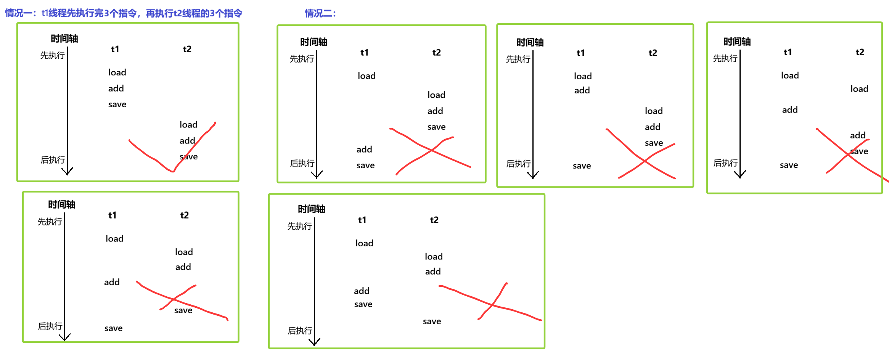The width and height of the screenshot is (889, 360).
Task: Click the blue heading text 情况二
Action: point(320,14)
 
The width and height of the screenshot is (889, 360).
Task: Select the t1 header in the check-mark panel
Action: point(115,49)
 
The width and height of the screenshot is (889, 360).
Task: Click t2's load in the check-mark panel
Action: point(188,125)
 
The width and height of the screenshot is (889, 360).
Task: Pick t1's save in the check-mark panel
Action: point(117,104)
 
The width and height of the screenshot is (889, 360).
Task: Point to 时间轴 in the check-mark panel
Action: point(64,39)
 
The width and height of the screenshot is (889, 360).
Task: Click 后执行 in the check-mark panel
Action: point(53,160)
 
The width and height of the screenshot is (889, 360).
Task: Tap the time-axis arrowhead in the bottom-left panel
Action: point(65,337)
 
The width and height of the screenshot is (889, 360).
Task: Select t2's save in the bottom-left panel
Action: point(183,310)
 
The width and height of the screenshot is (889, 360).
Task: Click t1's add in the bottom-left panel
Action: point(112,282)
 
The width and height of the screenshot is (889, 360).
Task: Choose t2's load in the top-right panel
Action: point(859,89)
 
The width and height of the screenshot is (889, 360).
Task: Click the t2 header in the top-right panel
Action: point(860,52)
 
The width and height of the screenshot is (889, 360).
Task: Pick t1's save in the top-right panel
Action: point(789,165)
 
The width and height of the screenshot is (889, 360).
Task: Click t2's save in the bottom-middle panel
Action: point(432,321)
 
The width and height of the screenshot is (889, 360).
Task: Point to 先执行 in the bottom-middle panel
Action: point(299,226)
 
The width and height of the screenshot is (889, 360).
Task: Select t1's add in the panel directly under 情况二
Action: point(364,149)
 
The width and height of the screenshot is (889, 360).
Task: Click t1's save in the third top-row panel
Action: point(582,166)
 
